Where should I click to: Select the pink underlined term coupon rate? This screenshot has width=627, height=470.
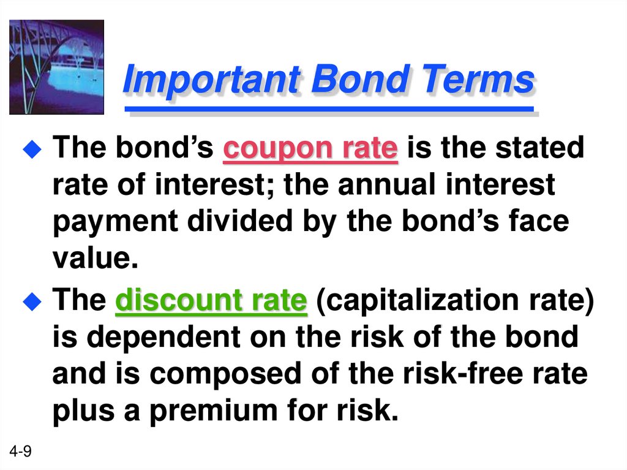tap(310, 149)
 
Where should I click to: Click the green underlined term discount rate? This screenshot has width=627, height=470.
tap(211, 301)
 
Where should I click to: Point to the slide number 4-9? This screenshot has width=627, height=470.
tap(21, 452)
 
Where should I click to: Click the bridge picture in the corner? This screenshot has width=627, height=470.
tap(56, 67)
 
